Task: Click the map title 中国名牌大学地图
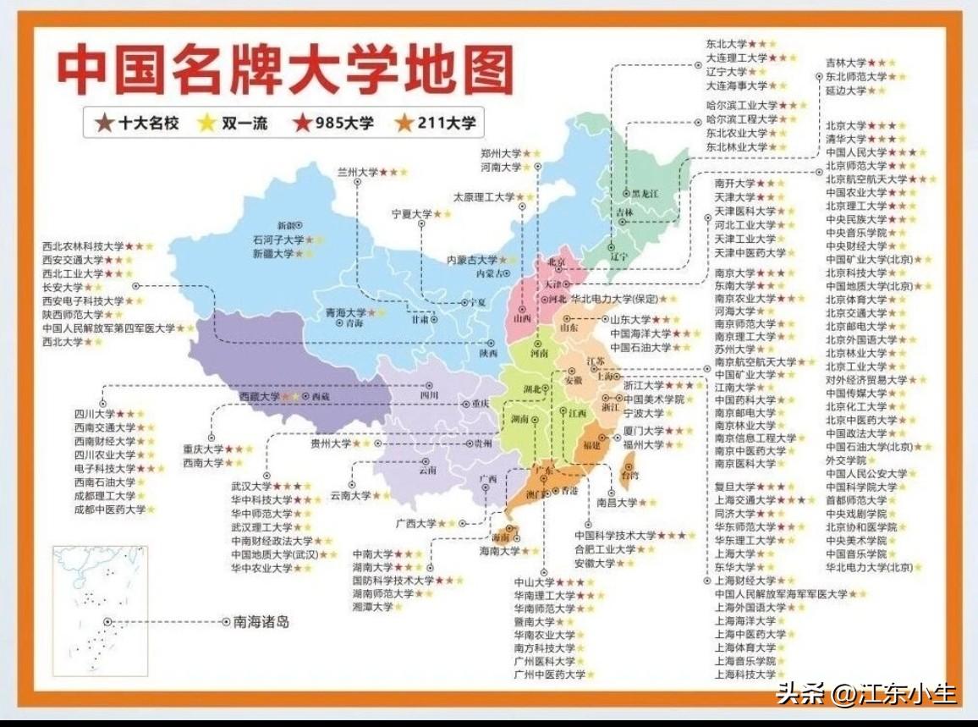285,70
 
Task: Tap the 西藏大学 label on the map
258,396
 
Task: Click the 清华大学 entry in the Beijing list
846,139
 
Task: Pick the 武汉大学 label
250,487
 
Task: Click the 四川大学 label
94,414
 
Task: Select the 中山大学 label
534,582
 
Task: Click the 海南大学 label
499,551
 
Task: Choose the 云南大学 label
350,495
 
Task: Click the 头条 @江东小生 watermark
866,694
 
